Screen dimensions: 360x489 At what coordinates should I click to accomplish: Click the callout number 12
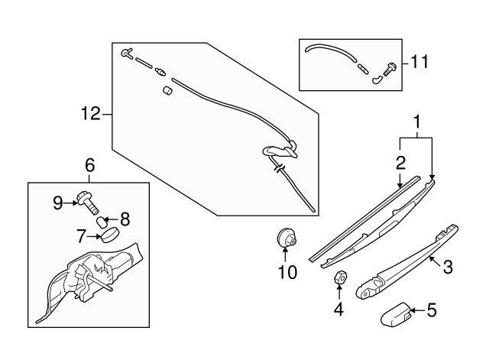click(x=90, y=115)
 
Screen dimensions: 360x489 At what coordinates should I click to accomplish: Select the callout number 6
click(x=89, y=165)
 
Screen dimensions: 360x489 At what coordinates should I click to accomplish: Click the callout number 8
click(x=124, y=218)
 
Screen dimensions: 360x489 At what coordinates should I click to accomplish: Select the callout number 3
click(x=448, y=267)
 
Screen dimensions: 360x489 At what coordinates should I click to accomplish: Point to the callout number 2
click(x=400, y=162)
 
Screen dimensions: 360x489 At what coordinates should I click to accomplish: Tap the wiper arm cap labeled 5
click(x=396, y=313)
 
